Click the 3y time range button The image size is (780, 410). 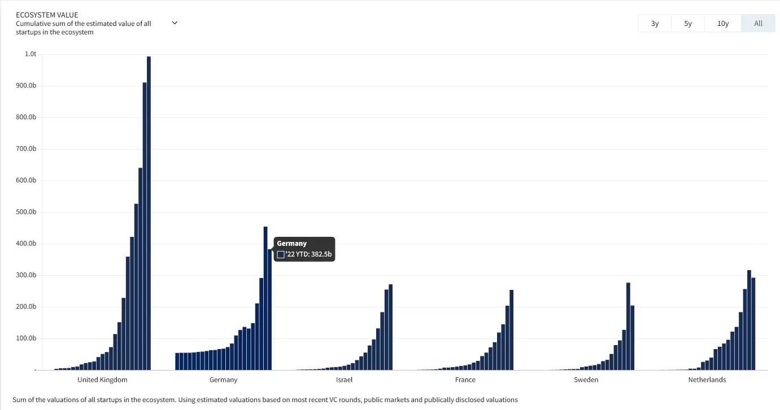pos(655,24)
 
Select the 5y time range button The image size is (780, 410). pos(687,24)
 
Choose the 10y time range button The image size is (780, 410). pos(723,24)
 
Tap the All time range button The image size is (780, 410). pos(758,24)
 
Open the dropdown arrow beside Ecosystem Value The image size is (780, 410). pos(175,23)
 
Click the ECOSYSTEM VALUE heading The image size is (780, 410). pos(47,15)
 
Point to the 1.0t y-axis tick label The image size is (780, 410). pos(30,54)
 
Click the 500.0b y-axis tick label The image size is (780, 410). pos(26,212)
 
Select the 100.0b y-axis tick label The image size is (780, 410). pos(26,338)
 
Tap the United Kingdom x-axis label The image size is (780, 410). pos(102,380)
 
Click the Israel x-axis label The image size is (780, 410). pos(344,380)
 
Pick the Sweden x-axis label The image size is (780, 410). pos(586,380)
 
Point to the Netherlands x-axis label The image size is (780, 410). pos(707,380)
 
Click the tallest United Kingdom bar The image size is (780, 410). pos(149,214)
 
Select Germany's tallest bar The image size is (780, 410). pos(265,299)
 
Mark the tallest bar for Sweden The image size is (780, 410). pos(628,327)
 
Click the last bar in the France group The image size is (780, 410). pos(511,330)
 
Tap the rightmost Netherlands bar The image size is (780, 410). pos(753,324)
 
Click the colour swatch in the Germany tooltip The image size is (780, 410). pos(281,254)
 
